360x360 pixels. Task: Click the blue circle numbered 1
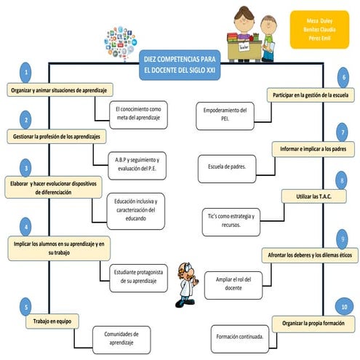(x=26, y=73)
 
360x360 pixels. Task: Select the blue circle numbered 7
(x=343, y=132)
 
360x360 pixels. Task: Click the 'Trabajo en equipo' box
(x=52, y=321)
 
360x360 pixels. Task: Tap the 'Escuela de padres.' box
(x=225, y=167)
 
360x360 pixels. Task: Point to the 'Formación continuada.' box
(x=240, y=337)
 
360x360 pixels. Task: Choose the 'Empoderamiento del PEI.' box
(x=225, y=115)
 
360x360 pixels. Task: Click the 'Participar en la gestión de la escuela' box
(x=309, y=95)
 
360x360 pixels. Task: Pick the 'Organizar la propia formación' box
(x=314, y=322)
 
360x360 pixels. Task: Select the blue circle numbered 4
(x=26, y=225)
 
